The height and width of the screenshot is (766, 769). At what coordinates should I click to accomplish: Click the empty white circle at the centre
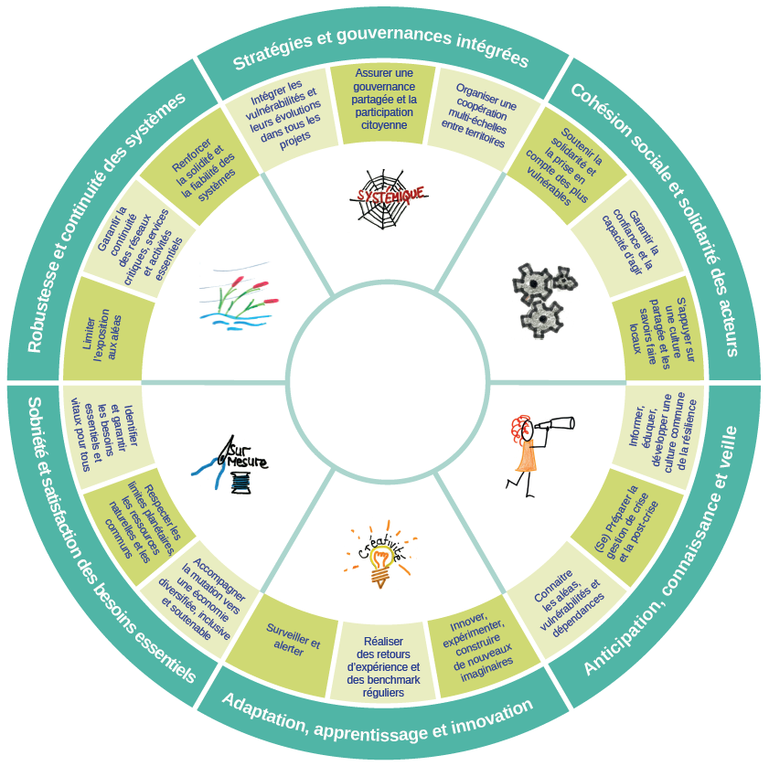[x=384, y=382]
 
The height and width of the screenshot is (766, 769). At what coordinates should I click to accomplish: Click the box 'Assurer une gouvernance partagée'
[x=384, y=104]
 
